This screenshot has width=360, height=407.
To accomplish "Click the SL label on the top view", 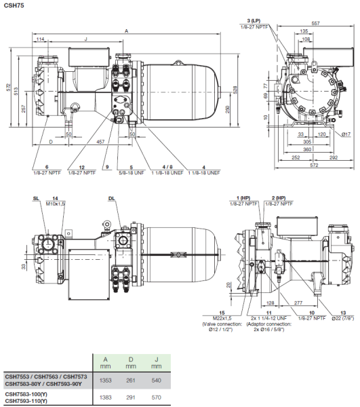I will tap(36, 197).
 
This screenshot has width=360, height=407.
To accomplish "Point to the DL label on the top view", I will tap(111, 197).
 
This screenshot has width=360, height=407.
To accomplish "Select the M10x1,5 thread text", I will tap(55, 203).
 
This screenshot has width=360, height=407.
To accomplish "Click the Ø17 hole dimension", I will tap(346, 135).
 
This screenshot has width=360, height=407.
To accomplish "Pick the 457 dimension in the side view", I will tap(100, 141).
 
